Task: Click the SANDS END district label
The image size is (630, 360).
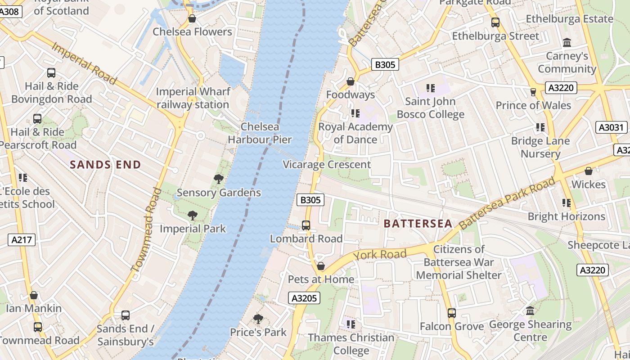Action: pos(105,165)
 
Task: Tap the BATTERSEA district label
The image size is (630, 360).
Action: pos(418,224)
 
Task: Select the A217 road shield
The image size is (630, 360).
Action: pos(22,240)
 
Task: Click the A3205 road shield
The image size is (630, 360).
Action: pos(304,298)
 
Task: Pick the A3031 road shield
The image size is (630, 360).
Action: pos(611,127)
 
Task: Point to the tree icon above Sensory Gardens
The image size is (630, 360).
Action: pos(219,179)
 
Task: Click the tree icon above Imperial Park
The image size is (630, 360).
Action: pos(193,216)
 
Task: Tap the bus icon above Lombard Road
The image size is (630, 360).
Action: pos(306,225)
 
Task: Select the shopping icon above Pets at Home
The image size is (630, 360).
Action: pos(321,266)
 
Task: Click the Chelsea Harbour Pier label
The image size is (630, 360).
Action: pos(260,133)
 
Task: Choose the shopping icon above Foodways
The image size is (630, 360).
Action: pos(351,81)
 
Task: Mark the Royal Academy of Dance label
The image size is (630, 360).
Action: pos(355,133)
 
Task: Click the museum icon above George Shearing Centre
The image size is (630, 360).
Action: pos(530,311)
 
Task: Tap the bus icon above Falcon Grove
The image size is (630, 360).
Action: pos(452,313)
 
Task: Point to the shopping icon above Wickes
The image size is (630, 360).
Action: pos(588,171)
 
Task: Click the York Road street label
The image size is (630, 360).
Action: pos(380,255)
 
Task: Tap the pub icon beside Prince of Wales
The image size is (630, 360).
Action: pos(533,92)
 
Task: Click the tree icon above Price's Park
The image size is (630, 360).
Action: pos(258,319)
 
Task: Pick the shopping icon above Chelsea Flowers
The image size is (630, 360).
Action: pos(192,18)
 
